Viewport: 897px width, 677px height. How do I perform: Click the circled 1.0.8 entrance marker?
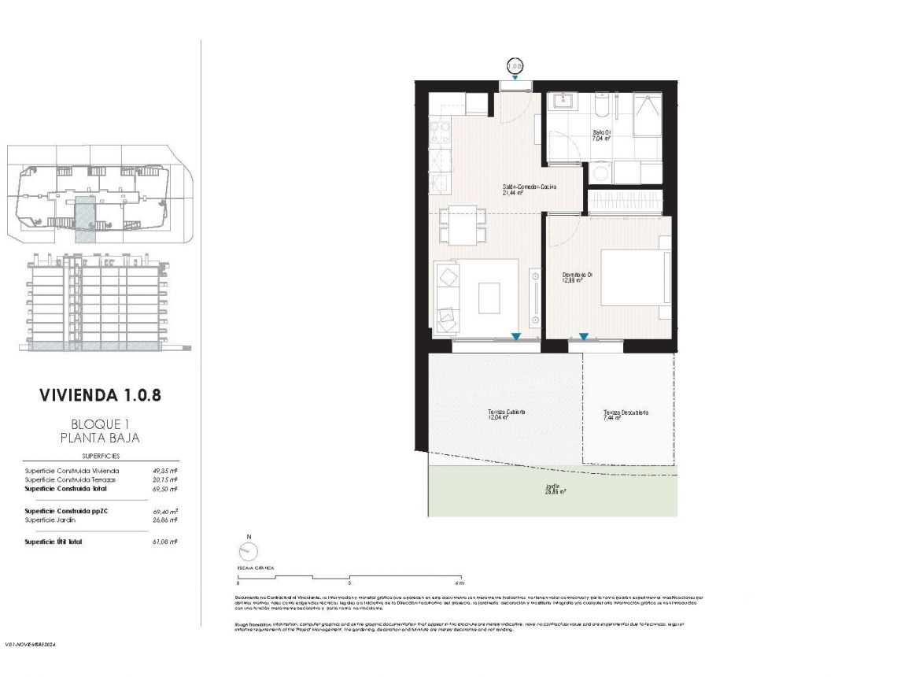point(515,65)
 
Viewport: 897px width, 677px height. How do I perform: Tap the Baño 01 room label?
point(602,135)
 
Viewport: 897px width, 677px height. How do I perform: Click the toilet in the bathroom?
point(601,106)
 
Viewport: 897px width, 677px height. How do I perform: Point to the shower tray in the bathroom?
point(648,114)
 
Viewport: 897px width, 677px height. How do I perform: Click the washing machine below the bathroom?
point(601,172)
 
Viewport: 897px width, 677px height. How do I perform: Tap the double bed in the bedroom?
point(634,277)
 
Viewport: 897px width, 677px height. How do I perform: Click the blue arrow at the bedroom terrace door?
point(584,337)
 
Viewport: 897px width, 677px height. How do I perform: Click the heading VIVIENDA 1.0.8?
point(100,394)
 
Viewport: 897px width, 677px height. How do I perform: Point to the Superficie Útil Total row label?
point(54,542)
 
